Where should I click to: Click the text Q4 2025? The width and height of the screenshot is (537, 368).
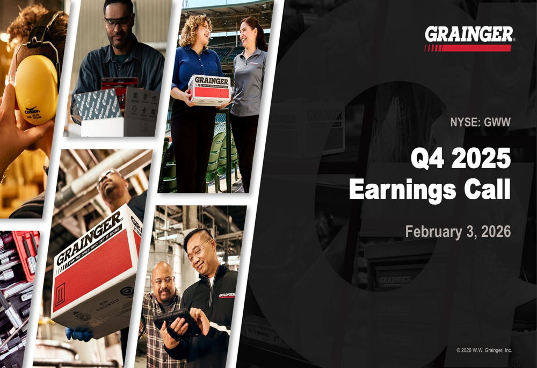coord(460,160)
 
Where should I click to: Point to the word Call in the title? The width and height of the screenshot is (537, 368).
coord(487,190)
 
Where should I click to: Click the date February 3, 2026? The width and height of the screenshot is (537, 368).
coord(458,232)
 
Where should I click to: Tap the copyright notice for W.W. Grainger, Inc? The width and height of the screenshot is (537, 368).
coord(484,350)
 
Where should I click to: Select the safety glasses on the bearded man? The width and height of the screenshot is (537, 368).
coord(118,22)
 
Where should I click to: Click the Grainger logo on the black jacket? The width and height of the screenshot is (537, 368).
coord(226,295)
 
